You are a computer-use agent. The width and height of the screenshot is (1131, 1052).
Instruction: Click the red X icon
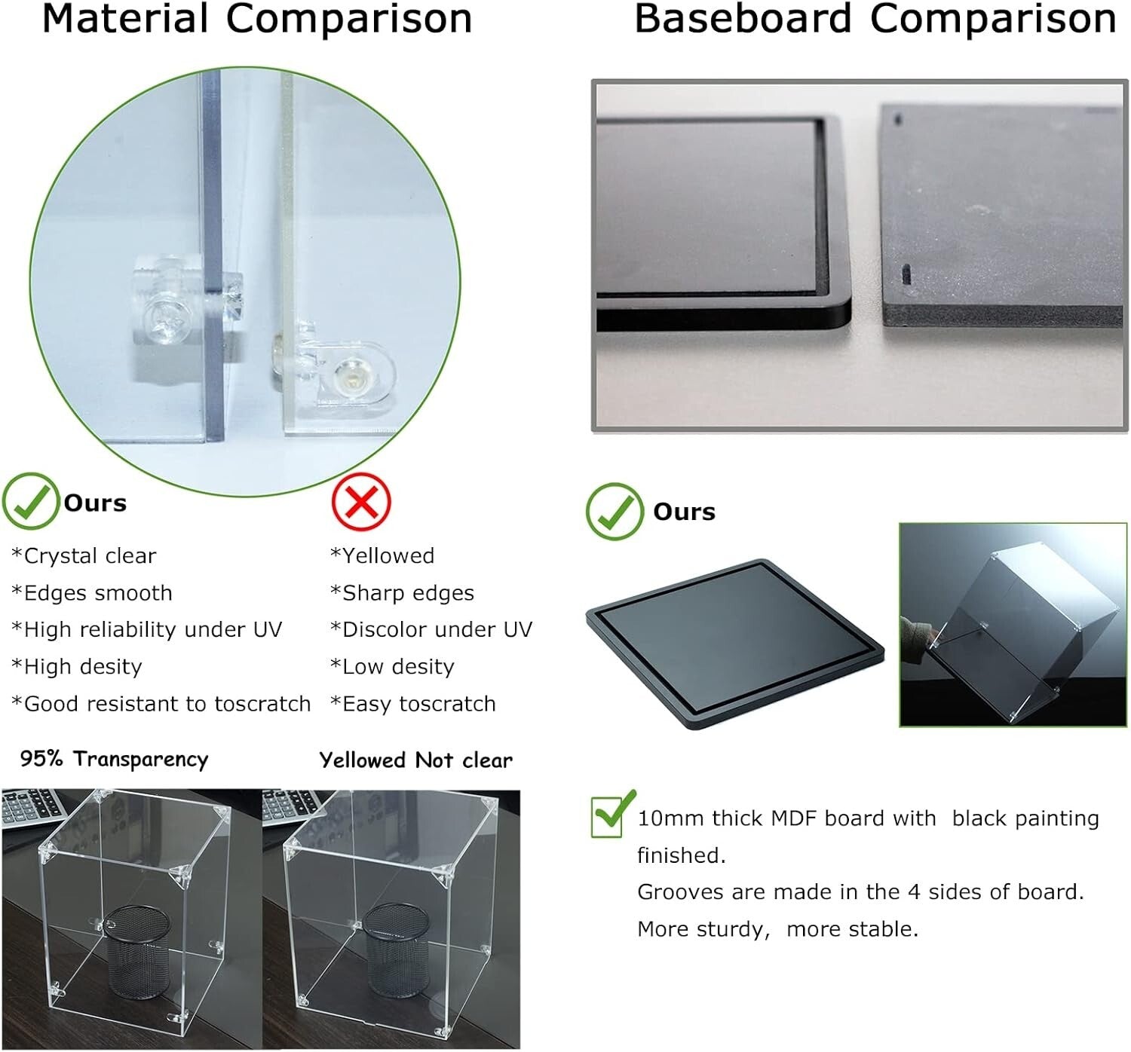pyautogui.click(x=360, y=502)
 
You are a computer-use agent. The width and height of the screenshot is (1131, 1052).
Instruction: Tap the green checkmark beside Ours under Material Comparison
pyautogui.click(x=30, y=501)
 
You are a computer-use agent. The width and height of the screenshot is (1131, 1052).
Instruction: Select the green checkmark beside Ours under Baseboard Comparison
pyautogui.click(x=615, y=512)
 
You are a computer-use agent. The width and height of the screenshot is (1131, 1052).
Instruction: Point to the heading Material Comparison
pyautogui.click(x=257, y=20)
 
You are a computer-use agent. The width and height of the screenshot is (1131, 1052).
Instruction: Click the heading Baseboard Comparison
pyautogui.click(x=875, y=20)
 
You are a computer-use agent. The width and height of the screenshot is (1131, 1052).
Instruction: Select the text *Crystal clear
pyautogui.click(x=84, y=556)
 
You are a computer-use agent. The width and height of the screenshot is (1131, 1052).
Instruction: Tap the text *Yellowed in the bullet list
pyautogui.click(x=382, y=556)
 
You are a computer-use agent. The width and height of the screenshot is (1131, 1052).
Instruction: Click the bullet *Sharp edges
pyautogui.click(x=402, y=593)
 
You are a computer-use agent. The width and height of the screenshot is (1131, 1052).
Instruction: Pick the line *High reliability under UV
pyautogui.click(x=147, y=630)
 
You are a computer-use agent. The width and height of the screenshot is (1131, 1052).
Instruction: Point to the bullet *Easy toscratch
pyautogui.click(x=413, y=704)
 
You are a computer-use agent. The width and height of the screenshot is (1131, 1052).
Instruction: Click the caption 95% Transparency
pyautogui.click(x=114, y=759)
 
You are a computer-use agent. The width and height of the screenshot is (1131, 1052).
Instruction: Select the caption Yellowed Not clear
pyautogui.click(x=415, y=760)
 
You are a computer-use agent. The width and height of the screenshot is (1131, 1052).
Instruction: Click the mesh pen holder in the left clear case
pyautogui.click(x=136, y=951)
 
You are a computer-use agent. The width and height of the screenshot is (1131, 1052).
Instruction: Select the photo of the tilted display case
pyautogui.click(x=1013, y=625)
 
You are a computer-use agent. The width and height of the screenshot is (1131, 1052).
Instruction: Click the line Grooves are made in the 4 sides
pyautogui.click(x=860, y=892)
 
